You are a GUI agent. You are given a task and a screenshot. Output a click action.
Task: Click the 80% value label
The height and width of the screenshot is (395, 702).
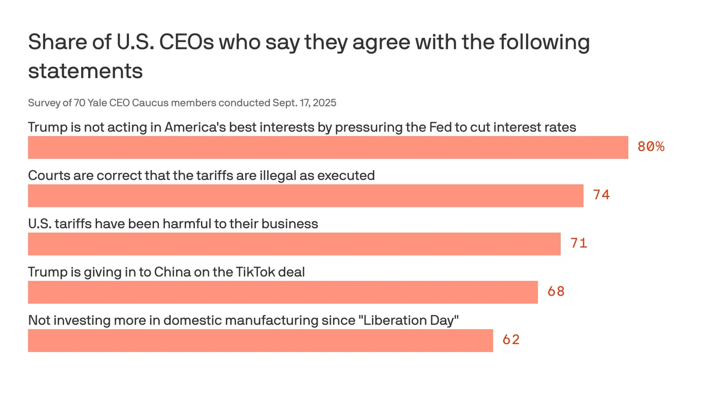[651, 147]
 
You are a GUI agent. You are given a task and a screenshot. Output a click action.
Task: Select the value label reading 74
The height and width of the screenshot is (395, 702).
[601, 195]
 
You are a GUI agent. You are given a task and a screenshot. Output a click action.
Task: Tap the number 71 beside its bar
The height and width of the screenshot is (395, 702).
[579, 243]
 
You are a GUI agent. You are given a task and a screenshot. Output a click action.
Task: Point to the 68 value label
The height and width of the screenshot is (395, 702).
[556, 292]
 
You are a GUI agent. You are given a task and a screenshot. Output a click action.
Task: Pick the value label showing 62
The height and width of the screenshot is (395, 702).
[511, 340]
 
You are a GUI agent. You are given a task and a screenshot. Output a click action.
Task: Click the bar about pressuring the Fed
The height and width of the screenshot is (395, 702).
[328, 148]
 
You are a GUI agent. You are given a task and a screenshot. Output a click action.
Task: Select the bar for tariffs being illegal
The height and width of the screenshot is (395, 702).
[305, 195]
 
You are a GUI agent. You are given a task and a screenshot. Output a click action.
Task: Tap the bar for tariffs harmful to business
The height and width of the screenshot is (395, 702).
[294, 244]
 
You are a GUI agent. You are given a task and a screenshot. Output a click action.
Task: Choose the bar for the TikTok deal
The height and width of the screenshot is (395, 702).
[283, 292]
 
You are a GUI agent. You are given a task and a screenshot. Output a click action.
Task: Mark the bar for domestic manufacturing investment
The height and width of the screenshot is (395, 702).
[260, 340]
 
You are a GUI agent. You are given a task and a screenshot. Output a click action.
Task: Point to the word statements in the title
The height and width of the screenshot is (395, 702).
[85, 71]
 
